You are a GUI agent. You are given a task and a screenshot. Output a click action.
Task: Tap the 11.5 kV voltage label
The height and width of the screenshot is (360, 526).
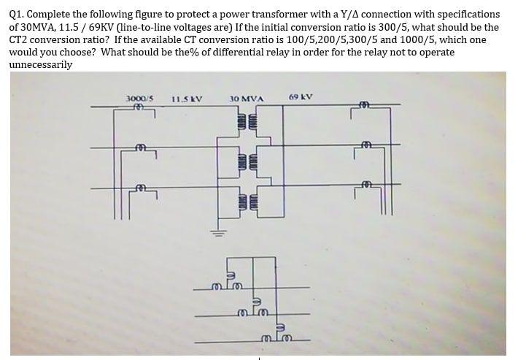point(187,99)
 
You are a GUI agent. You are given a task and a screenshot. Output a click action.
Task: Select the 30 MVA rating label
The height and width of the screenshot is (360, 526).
point(246,99)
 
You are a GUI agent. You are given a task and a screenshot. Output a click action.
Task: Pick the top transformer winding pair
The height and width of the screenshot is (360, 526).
point(247,120)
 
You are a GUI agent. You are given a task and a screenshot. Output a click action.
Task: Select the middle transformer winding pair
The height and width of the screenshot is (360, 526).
point(247,161)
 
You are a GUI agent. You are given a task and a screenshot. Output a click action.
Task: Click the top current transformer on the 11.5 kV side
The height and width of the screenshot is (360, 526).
point(137,109)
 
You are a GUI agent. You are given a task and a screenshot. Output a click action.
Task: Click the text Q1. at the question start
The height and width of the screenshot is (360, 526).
point(18,15)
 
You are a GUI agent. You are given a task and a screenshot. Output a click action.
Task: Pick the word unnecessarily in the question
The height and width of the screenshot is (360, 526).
point(41,64)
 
